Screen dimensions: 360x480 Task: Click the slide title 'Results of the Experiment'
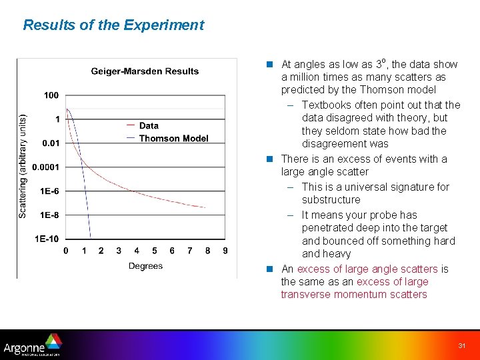tap(113, 25)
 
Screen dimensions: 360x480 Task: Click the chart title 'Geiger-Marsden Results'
tap(145, 71)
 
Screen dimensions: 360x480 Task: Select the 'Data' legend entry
tap(149, 125)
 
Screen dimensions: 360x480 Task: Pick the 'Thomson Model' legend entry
tap(173, 139)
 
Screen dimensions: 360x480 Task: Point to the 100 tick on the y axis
tap(51, 95)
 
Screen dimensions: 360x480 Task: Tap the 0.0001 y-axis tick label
tap(47, 167)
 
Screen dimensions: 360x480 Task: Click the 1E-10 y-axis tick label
tap(47, 239)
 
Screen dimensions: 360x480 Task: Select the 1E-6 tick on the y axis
tap(49, 191)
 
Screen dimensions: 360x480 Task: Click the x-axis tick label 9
tap(225, 251)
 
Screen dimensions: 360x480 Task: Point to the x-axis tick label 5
tap(154, 251)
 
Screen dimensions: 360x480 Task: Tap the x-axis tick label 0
tap(65, 251)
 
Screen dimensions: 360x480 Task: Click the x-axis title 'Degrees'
tap(145, 266)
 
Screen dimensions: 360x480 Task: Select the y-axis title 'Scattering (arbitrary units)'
tap(23, 164)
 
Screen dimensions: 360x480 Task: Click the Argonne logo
tap(32, 346)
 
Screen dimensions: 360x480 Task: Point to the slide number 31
tap(462, 345)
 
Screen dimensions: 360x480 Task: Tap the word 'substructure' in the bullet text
tap(331, 200)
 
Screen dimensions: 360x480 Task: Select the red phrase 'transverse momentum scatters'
tap(354, 295)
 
